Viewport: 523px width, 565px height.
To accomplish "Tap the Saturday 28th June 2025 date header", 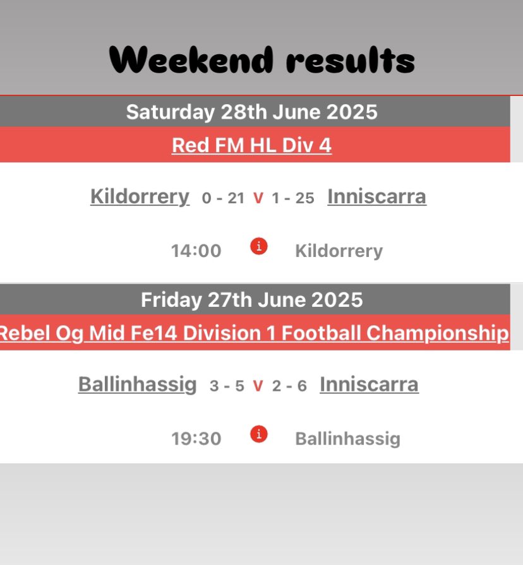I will (251, 112).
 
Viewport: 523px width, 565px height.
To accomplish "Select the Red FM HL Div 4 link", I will (251, 145).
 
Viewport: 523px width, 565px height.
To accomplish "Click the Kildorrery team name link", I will (140, 196).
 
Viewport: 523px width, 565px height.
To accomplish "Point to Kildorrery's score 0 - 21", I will (223, 198).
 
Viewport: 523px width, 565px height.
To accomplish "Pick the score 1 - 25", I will (293, 198).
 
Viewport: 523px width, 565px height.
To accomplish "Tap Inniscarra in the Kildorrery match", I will (376, 196).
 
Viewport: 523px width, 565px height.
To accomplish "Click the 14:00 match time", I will (196, 251).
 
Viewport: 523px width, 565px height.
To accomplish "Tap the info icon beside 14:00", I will (258, 246).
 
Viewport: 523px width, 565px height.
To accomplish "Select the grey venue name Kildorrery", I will (339, 251).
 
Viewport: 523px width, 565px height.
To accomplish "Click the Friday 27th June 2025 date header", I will (251, 299).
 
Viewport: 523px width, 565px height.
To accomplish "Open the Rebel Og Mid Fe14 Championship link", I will (253, 333).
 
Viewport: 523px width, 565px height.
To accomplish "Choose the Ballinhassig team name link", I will (137, 384).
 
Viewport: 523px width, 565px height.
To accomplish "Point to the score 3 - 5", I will (227, 386).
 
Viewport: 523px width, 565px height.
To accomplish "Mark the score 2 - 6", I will (289, 386).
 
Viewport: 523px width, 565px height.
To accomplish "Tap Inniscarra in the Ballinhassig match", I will (369, 384).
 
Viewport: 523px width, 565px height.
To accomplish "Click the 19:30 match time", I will (196, 439).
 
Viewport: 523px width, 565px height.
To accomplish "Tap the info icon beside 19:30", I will (258, 434).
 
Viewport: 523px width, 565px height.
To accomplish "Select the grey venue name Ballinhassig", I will (347, 439).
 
